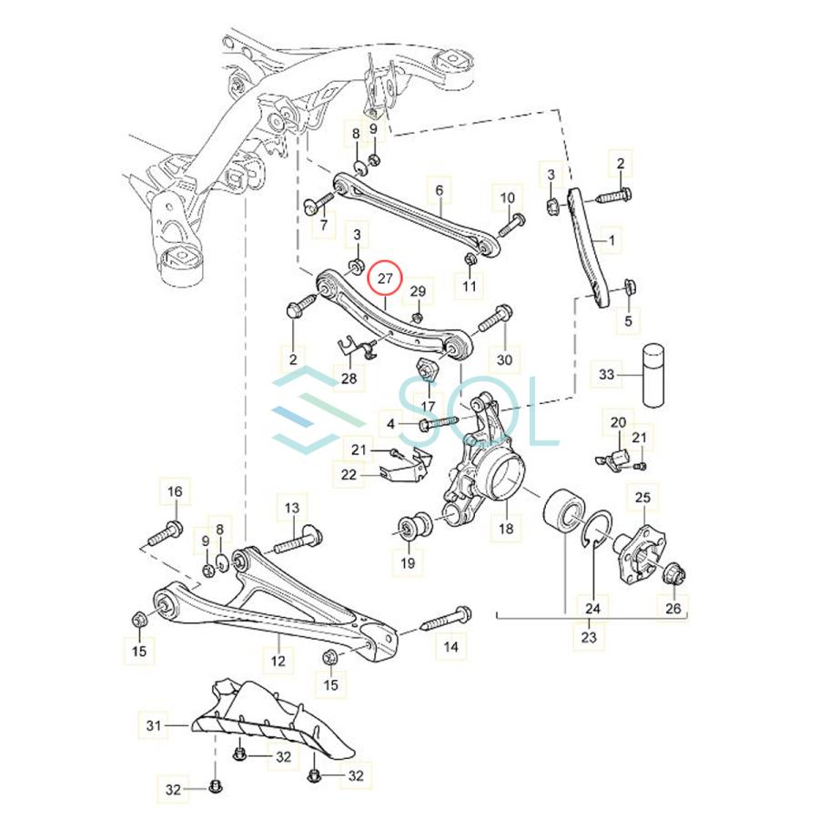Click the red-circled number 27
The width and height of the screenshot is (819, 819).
(x=384, y=278)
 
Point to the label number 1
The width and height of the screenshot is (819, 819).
(x=611, y=241)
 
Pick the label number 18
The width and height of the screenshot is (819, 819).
(x=505, y=528)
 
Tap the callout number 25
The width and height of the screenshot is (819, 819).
(x=642, y=497)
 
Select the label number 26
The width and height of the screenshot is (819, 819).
(x=674, y=608)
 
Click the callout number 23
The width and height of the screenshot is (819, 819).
(x=589, y=637)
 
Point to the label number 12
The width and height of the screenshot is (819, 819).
(x=278, y=662)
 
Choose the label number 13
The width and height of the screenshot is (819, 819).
(x=292, y=507)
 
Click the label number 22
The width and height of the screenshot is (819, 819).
(x=349, y=473)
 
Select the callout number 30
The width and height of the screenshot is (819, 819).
(x=504, y=359)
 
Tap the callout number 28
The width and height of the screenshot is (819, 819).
(x=349, y=378)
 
